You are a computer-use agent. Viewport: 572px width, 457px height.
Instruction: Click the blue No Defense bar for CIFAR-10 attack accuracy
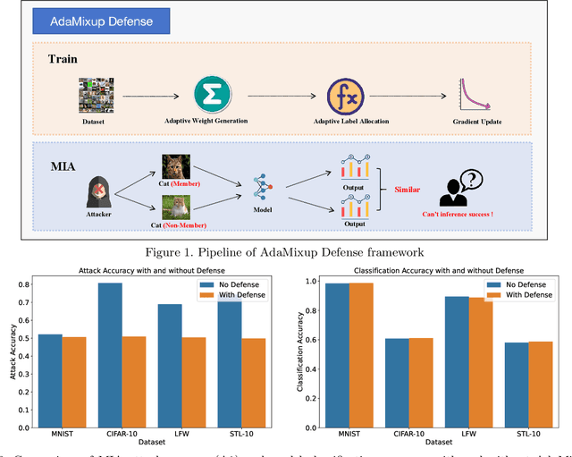coord(111,357)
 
